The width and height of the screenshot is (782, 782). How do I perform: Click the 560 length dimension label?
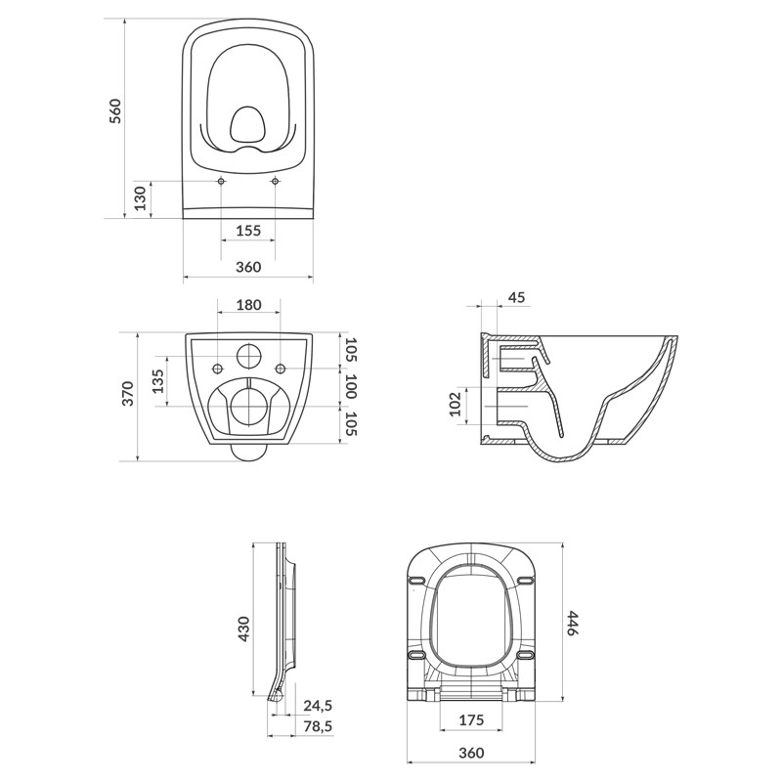click(115, 110)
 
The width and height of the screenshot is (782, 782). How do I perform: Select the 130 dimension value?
click(140, 199)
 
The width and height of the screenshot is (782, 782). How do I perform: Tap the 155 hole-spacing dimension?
click(248, 231)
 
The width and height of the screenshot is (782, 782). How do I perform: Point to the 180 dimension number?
click(248, 305)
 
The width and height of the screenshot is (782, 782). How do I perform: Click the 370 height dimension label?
click(126, 395)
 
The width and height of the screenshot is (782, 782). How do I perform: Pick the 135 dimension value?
click(159, 381)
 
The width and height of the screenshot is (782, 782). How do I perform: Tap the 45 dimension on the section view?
click(517, 297)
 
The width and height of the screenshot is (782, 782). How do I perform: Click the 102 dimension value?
click(456, 406)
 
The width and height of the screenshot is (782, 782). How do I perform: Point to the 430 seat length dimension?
click(243, 628)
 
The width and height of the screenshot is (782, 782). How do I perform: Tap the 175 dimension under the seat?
click(472, 720)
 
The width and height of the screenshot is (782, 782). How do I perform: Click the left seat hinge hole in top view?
click(222, 182)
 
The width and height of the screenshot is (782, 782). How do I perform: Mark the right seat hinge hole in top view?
click(275, 182)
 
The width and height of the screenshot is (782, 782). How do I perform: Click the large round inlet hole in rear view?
click(248, 354)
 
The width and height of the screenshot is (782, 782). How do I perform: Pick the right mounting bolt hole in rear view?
click(282, 369)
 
